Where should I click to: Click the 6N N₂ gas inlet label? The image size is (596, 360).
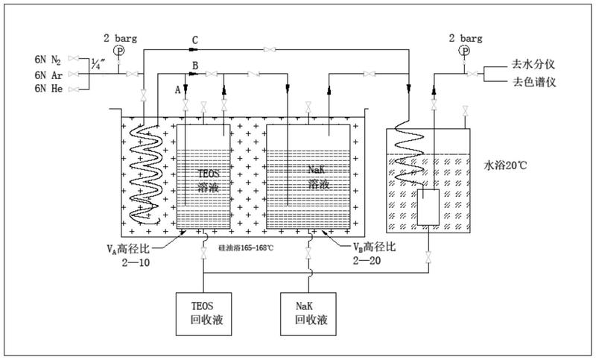[48, 60]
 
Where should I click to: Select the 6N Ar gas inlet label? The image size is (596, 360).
[48, 75]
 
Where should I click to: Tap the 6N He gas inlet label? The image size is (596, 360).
[48, 89]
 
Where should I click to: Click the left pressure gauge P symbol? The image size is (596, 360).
[119, 50]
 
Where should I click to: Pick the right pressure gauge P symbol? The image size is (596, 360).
[464, 50]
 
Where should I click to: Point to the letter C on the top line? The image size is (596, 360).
[194, 40]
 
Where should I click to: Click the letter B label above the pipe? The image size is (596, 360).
[195, 66]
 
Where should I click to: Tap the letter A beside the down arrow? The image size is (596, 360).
[177, 90]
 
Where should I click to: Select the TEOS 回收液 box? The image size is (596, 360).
[203, 314]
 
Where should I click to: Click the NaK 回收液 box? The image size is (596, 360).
[308, 314]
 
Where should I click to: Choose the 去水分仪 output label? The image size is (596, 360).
[533, 64]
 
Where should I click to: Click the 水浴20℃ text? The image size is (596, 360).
[505, 165]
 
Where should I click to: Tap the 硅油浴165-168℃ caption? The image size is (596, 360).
[246, 248]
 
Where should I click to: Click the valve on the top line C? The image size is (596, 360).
[270, 49]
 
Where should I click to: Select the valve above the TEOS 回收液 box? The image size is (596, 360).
[203, 253]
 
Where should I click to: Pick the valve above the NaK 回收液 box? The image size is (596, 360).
[308, 253]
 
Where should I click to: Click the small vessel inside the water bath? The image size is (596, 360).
[428, 207]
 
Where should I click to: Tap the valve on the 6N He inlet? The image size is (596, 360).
[74, 89]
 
